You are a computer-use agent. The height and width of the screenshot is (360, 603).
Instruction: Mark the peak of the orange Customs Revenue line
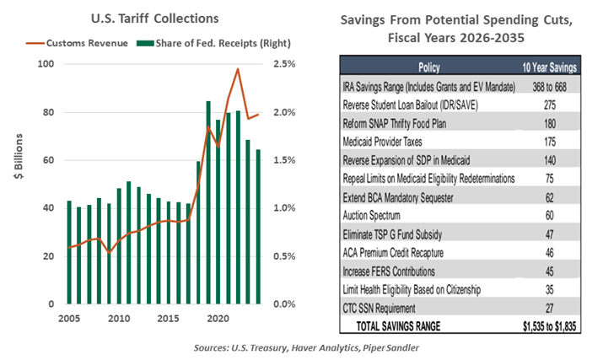[238, 69]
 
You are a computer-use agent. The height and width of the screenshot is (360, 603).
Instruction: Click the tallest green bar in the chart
[208, 202]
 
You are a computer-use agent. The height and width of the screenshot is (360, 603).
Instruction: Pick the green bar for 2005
[68, 252]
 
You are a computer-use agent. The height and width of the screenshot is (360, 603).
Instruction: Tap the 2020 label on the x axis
[217, 319]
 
